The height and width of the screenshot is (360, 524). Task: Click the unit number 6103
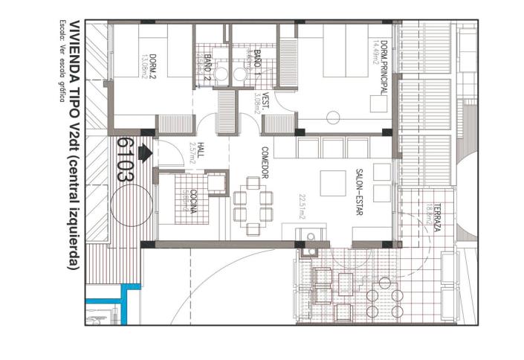(125, 160)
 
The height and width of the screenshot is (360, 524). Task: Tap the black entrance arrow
(146, 151)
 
